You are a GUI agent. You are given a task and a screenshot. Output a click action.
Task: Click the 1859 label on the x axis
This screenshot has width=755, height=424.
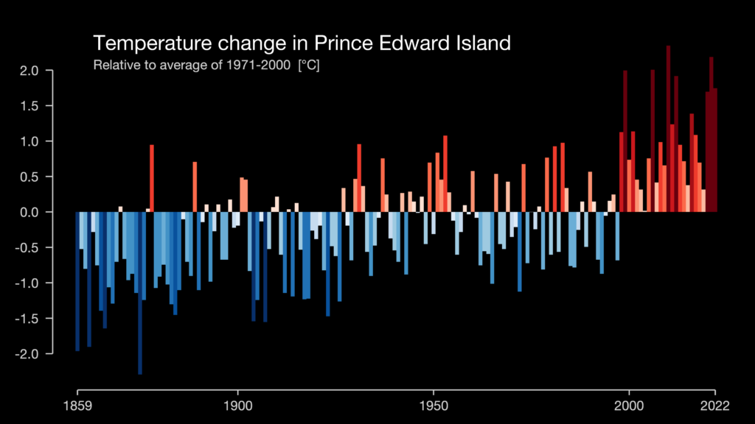coord(77,406)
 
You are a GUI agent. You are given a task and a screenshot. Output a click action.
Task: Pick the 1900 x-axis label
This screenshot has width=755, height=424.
coord(237,406)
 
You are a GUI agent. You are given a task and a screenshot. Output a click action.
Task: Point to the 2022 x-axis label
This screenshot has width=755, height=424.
coord(714,406)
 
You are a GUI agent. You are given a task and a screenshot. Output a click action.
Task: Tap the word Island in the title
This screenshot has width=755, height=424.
coord(481,43)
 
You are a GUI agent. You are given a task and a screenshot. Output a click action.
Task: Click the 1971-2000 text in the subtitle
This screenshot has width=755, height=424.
coord(260,66)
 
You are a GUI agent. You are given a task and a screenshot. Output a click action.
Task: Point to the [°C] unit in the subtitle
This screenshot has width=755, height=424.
coord(308,66)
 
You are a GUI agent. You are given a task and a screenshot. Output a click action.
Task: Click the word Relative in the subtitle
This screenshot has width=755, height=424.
coord(114,66)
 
